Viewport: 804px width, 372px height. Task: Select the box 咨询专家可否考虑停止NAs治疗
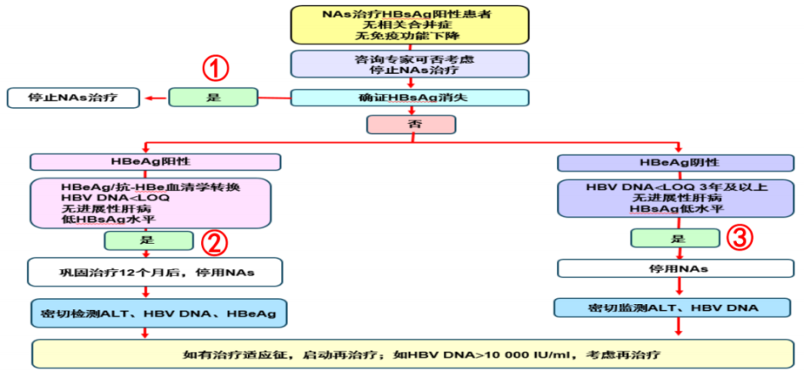pyautogui.click(x=410, y=65)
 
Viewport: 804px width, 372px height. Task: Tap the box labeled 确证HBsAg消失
pyautogui.click(x=410, y=97)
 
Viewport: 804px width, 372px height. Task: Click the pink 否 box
pyautogui.click(x=410, y=125)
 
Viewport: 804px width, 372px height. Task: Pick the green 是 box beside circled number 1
pyautogui.click(x=213, y=97)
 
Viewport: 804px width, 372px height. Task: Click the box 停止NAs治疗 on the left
pyautogui.click(x=74, y=97)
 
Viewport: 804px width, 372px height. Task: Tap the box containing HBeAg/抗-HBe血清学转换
pyautogui.click(x=152, y=203)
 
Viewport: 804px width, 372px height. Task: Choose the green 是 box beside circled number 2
pyautogui.click(x=147, y=241)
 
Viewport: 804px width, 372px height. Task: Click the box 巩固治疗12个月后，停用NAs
pyautogui.click(x=152, y=272)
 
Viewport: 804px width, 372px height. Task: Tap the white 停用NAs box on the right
pyautogui.click(x=677, y=269)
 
